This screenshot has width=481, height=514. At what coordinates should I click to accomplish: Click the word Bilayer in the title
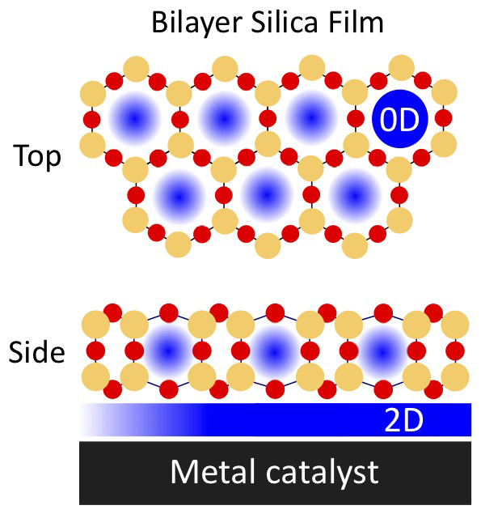[196, 23]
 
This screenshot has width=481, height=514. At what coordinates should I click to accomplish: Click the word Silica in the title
[285, 22]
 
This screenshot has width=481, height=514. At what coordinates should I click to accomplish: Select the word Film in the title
[356, 22]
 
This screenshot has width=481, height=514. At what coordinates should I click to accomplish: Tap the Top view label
[37, 157]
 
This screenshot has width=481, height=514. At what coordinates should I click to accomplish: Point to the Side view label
[36, 351]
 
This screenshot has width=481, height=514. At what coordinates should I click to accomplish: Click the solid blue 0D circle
[400, 119]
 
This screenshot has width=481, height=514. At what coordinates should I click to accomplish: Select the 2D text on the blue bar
[403, 420]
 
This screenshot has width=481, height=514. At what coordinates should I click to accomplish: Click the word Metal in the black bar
[213, 472]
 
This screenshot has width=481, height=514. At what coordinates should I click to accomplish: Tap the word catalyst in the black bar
[323, 474]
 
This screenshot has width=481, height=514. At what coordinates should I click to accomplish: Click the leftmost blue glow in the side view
[168, 350]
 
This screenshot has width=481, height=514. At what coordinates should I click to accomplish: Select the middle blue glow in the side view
[274, 352]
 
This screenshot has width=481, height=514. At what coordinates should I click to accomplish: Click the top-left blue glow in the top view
[134, 118]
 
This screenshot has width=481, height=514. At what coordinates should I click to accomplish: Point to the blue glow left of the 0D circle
[311, 117]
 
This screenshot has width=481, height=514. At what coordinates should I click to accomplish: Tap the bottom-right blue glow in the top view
[355, 196]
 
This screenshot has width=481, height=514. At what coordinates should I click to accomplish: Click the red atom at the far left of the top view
[92, 119]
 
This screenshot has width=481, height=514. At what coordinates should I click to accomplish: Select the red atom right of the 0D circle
[444, 118]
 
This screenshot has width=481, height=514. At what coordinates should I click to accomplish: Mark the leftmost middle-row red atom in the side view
[95, 350]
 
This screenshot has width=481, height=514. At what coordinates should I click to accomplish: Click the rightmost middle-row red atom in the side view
[455, 350]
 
